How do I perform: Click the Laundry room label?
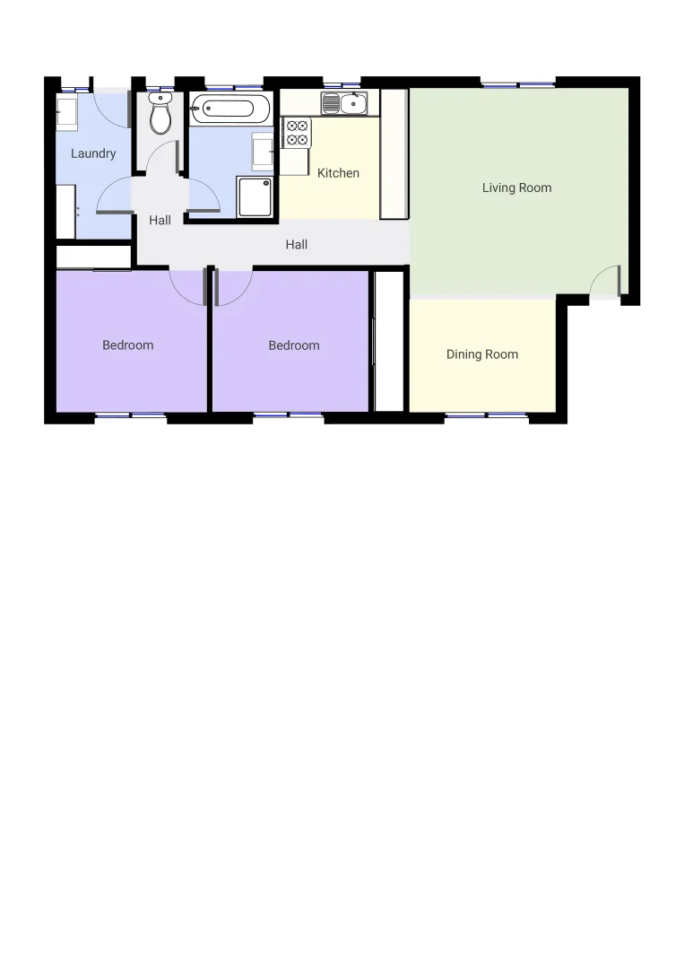pos(93,153)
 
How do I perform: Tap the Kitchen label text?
pos(338,173)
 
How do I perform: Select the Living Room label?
pos(516,188)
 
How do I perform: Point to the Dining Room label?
pos(482,354)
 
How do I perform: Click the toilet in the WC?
pos(160,115)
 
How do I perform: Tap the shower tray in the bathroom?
pos(255,196)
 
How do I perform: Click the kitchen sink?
pos(345,103)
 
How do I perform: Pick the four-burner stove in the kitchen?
pos(297,134)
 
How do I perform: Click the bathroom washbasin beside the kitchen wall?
pos(263,151)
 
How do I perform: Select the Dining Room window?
pos(486,415)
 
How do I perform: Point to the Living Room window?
pos(518,83)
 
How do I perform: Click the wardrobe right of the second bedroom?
pos(389,341)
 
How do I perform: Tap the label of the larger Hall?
pos(297,244)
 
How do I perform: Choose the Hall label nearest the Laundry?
pos(160,220)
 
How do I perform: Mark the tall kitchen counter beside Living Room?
pos(394,153)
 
